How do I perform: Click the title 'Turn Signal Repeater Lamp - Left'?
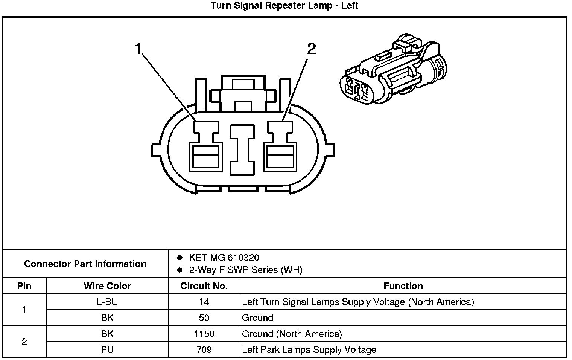pyautogui.click(x=284, y=6)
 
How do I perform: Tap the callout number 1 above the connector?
pyautogui.click(x=138, y=49)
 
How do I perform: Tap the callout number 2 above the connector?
pyautogui.click(x=311, y=49)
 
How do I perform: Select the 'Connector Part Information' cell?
pyautogui.click(x=85, y=264)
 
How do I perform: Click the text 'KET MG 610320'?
pyautogui.click(x=224, y=258)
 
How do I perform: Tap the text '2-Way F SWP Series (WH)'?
pyautogui.click(x=245, y=270)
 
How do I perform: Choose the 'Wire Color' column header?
pyautogui.click(x=107, y=286)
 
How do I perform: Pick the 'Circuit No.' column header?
pyautogui.click(x=204, y=286)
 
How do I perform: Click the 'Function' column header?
pyautogui.click(x=403, y=286)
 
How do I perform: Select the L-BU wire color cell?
pyautogui.click(x=107, y=302)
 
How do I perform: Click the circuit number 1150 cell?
pyautogui.click(x=204, y=334)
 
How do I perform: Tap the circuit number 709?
pyautogui.click(x=204, y=350)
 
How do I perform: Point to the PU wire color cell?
pyautogui.click(x=107, y=350)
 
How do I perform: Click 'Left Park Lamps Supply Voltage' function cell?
pyautogui.click(x=309, y=350)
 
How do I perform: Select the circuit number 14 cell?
pyautogui.click(x=204, y=302)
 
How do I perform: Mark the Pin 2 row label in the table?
pyautogui.click(x=24, y=342)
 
